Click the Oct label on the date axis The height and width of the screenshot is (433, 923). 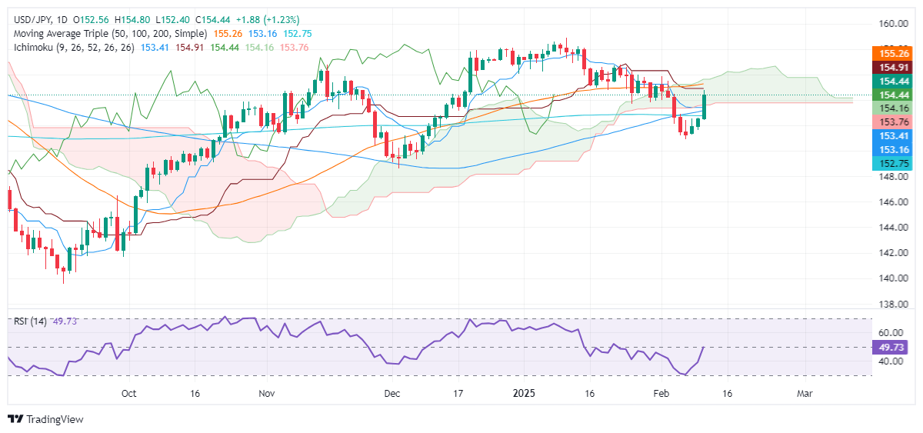(x=128, y=394)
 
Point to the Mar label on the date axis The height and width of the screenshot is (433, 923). (x=805, y=394)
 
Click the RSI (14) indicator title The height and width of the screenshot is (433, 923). (x=29, y=321)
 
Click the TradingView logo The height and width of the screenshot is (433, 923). (x=45, y=419)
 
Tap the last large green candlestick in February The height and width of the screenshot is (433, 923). (x=705, y=106)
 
